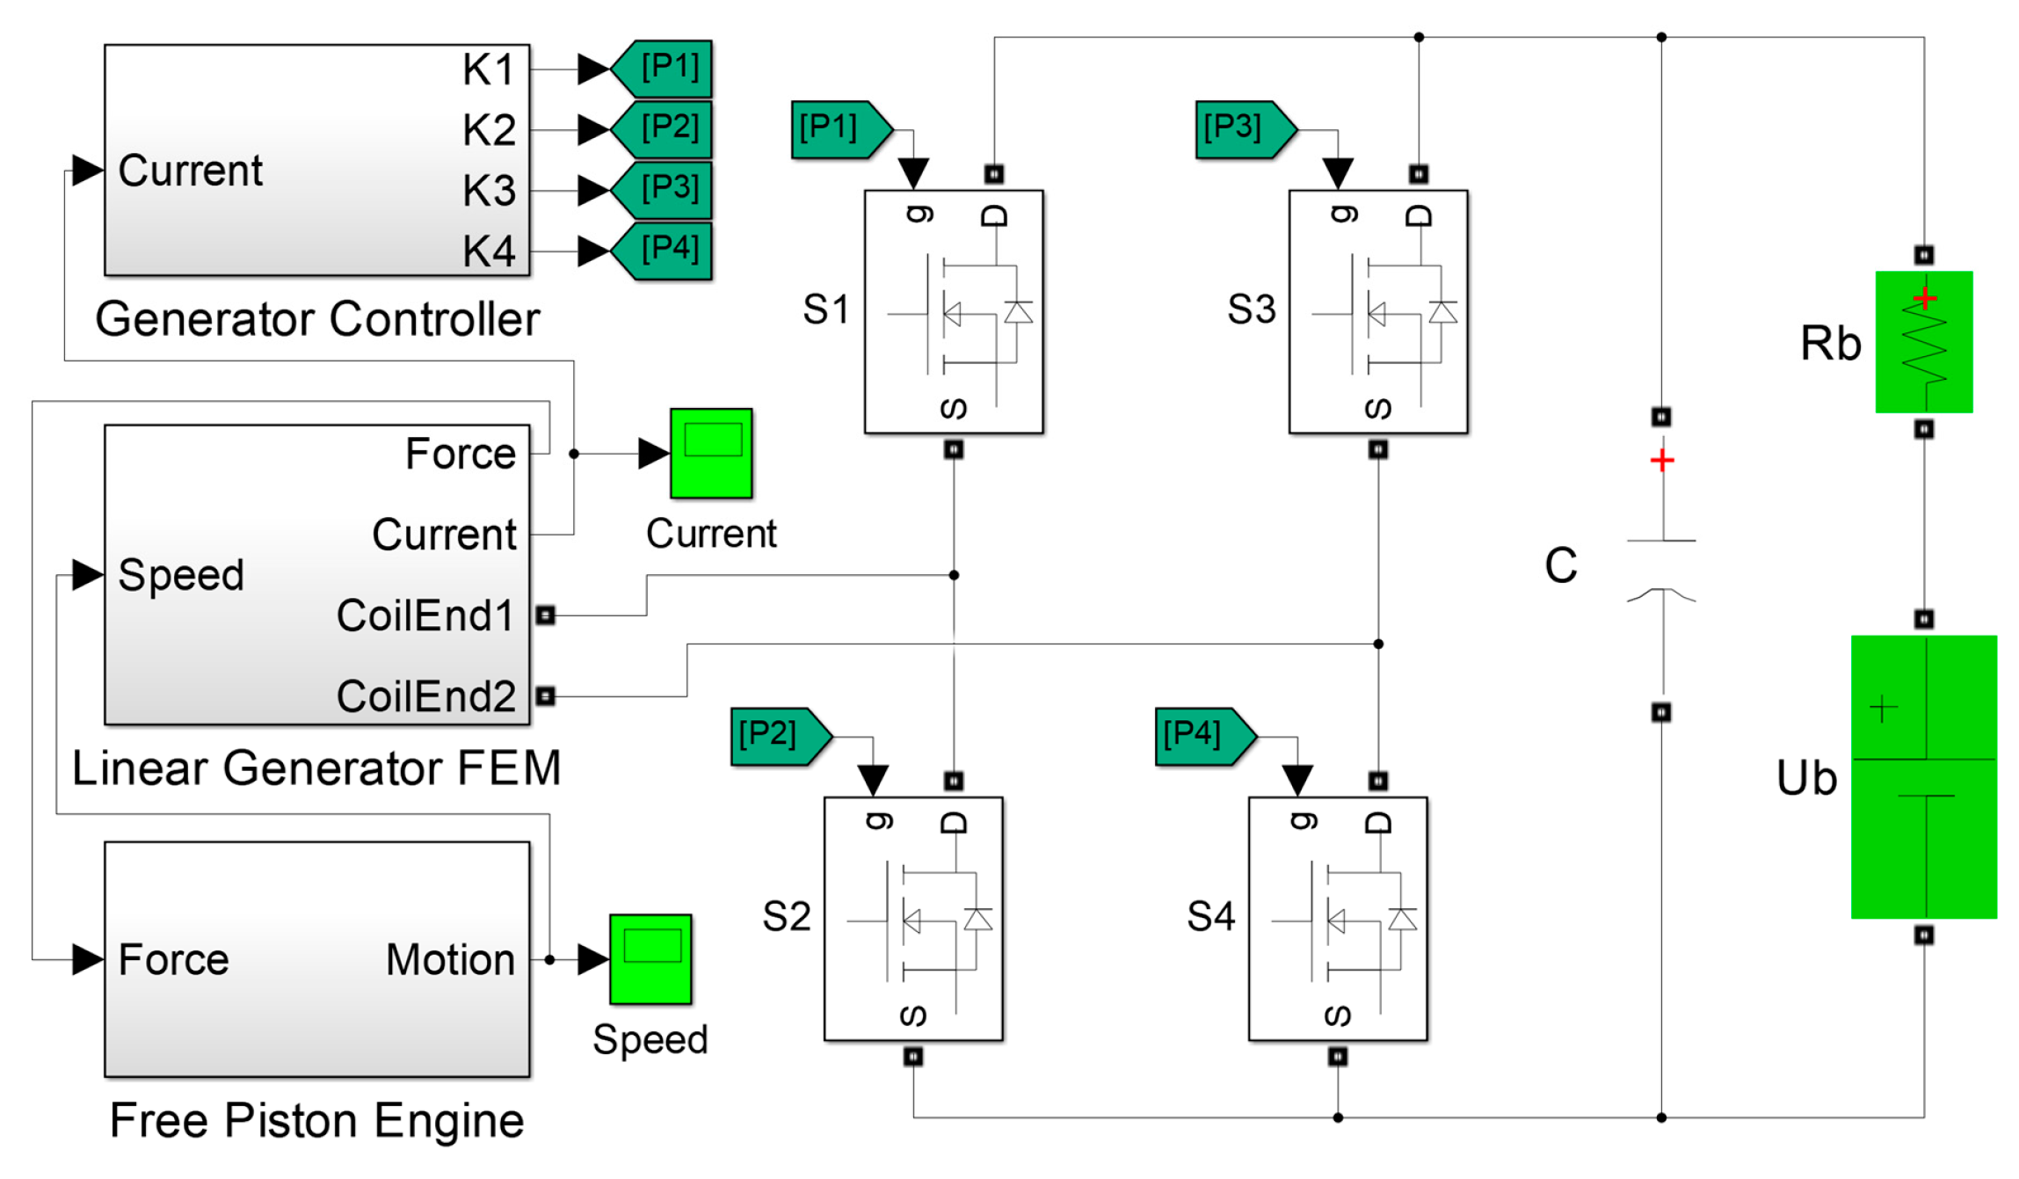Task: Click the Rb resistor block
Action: (x=1922, y=341)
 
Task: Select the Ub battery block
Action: (x=1922, y=776)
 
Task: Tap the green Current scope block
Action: (x=710, y=453)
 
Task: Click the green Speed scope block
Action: (x=650, y=958)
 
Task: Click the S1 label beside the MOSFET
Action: (x=825, y=309)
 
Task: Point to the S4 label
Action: (x=1210, y=917)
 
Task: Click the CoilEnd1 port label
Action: (x=425, y=615)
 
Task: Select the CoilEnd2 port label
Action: (x=425, y=696)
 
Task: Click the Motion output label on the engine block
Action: (x=450, y=959)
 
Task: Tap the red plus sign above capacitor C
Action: (x=1661, y=460)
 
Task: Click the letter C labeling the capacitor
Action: (x=1560, y=565)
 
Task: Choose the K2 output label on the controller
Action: (x=489, y=130)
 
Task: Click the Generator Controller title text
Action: (x=316, y=318)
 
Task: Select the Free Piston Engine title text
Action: (x=316, y=1120)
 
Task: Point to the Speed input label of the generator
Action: (x=181, y=575)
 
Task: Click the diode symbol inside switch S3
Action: (x=1442, y=312)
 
